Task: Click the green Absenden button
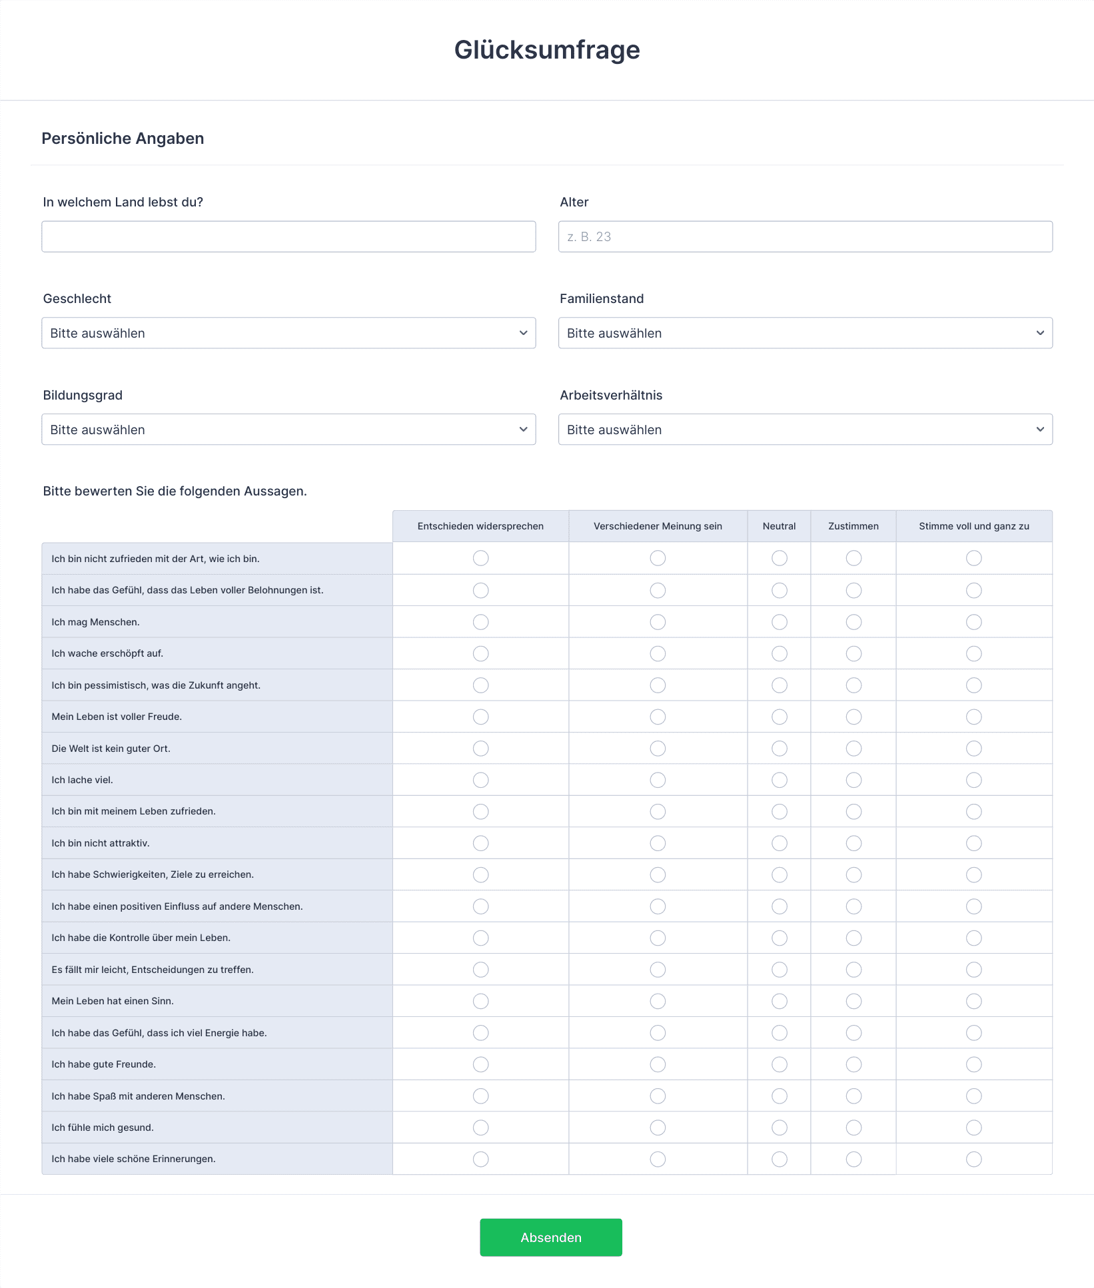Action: tap(550, 1237)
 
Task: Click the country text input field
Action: tap(288, 236)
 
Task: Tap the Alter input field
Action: tap(805, 236)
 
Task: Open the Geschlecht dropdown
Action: tap(288, 333)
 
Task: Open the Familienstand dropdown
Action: tap(805, 333)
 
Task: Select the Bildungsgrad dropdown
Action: tap(288, 430)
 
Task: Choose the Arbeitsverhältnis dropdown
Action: tap(805, 430)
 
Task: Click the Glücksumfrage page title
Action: tap(547, 50)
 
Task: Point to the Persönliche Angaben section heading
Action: tap(123, 139)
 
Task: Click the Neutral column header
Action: tap(779, 526)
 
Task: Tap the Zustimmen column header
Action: tap(853, 526)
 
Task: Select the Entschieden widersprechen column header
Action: tap(480, 526)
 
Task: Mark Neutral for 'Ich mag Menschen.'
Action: tap(779, 622)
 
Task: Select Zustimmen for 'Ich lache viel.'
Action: tap(853, 780)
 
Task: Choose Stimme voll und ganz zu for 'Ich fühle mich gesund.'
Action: tap(973, 1127)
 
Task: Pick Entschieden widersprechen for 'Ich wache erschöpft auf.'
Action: tap(480, 653)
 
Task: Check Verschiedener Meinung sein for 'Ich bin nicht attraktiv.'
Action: tap(658, 843)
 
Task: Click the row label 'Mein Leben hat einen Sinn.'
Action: tap(113, 1001)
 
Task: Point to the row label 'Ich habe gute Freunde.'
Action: tap(104, 1064)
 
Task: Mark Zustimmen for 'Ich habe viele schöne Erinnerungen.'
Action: tap(853, 1159)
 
